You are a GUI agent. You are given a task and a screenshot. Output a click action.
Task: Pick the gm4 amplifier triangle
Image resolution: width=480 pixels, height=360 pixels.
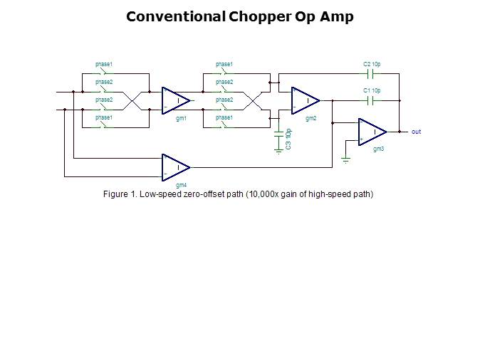tap(175, 167)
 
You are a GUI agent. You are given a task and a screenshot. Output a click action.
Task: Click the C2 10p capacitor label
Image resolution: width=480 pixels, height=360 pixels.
tap(372, 65)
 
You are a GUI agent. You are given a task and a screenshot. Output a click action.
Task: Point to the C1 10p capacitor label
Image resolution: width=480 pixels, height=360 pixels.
tap(372, 91)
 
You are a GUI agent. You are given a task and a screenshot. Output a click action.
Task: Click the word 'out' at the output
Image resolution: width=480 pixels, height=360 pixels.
tap(417, 132)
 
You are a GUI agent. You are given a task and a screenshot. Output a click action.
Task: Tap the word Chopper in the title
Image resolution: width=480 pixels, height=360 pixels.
tap(260, 16)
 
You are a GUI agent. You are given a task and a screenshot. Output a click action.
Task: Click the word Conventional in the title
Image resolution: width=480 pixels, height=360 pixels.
tap(176, 16)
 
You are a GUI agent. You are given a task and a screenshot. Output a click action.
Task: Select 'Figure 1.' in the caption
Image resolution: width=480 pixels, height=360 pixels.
tap(120, 194)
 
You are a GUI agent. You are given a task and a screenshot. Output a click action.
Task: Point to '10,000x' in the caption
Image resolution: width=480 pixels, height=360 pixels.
tap(264, 194)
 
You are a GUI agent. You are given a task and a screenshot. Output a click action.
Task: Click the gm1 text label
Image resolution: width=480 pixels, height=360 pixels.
tap(181, 118)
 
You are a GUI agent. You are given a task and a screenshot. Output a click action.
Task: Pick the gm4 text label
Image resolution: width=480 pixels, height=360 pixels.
tap(181, 185)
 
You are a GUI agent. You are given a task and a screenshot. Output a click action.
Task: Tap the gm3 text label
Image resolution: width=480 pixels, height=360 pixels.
tap(378, 149)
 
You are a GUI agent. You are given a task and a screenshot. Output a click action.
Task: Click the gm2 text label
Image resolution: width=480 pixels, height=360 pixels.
tap(311, 118)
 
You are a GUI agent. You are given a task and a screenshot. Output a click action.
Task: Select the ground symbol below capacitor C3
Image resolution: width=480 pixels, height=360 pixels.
tap(278, 151)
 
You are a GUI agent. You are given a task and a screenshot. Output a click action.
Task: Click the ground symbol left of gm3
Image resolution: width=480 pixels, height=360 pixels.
tap(345, 159)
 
